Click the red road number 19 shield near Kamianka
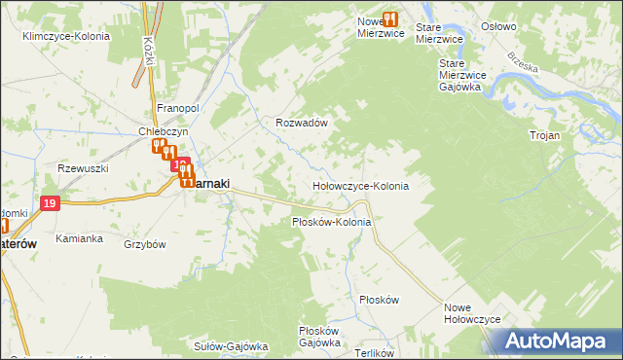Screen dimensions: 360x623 pos(52,202)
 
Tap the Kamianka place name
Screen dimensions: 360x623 pos(79,238)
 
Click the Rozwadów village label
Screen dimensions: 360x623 pos(300,124)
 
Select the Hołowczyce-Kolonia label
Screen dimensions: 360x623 pos(359,185)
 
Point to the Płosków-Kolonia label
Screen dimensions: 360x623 pos(332,222)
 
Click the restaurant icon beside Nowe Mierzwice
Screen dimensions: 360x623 pos(390,18)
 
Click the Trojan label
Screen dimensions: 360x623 pos(544,135)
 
